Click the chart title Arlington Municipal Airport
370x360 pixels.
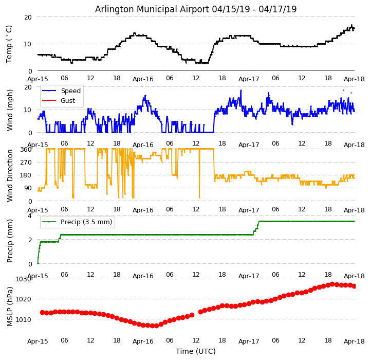195,9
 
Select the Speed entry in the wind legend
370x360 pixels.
70,91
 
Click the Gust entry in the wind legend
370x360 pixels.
67,101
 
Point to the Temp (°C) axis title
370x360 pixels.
9,44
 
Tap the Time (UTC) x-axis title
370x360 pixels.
195,351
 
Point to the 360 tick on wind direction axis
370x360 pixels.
26,150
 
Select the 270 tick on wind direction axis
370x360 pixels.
26,163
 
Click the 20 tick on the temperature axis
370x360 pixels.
28,17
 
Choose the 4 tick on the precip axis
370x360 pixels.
30,215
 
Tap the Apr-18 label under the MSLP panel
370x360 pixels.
354,340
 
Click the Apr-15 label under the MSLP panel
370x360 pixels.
38,340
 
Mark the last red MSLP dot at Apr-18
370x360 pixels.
354,286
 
